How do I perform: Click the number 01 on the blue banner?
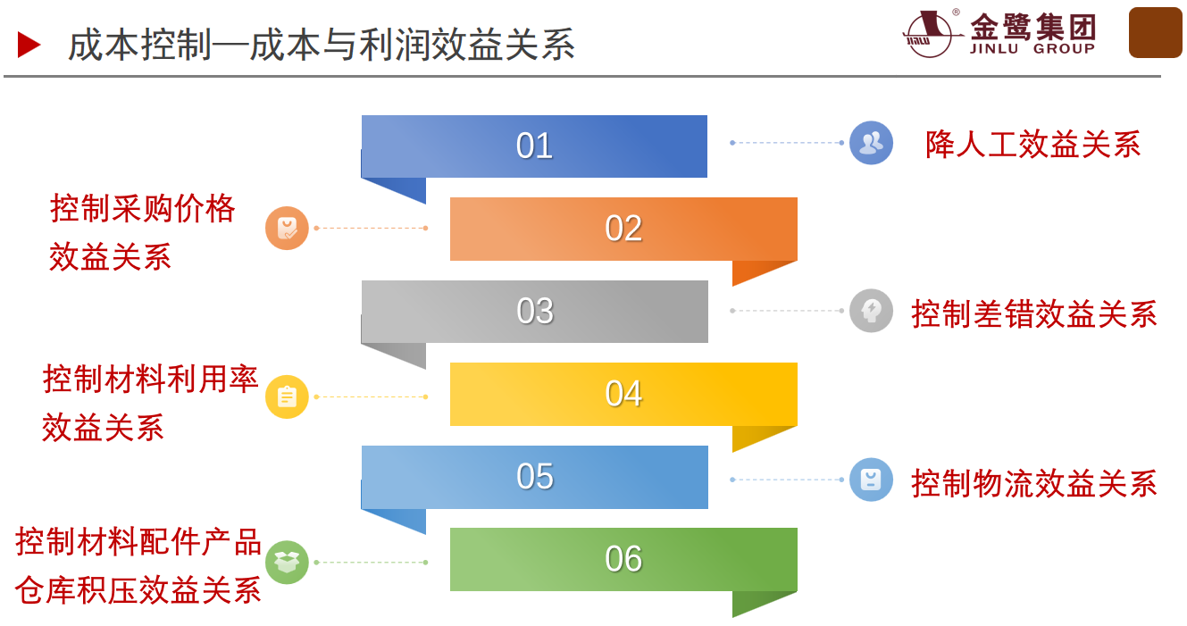click(x=534, y=146)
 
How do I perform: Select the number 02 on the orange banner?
click(x=623, y=229)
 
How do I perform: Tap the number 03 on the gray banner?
click(x=534, y=312)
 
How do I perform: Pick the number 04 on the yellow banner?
click(x=623, y=394)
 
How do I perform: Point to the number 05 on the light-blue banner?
click(x=534, y=477)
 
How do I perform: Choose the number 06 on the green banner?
click(x=623, y=559)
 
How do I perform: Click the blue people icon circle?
click(x=871, y=143)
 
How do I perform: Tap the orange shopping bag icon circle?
click(x=287, y=228)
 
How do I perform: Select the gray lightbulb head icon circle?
click(x=871, y=311)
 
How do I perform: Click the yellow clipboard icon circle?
click(x=287, y=396)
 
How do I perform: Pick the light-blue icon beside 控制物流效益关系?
click(x=871, y=480)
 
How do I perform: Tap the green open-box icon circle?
click(x=287, y=563)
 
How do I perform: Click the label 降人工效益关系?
click(x=1032, y=145)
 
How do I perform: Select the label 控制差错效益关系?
click(x=1034, y=314)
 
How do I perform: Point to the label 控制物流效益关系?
click(x=1034, y=483)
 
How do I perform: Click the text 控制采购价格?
click(x=143, y=209)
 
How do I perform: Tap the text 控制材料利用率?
click(x=151, y=380)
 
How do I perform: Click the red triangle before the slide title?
click(x=29, y=45)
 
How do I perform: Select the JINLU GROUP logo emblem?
click(x=929, y=34)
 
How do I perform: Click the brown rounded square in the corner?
click(x=1155, y=33)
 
